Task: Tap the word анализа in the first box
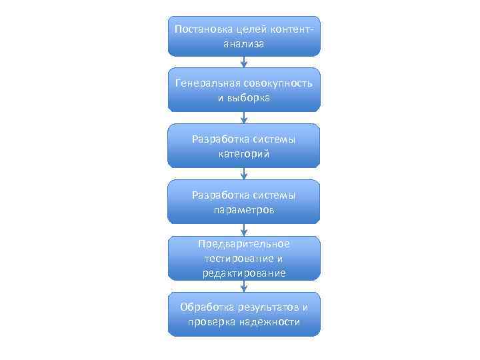(244, 44)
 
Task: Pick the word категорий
(244, 154)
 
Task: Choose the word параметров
(244, 209)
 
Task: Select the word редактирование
(244, 273)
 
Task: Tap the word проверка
(211, 322)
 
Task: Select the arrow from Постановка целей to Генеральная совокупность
(244, 62)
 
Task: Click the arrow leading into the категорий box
(244, 117)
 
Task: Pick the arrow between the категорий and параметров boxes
(244, 173)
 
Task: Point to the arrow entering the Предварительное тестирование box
(244, 230)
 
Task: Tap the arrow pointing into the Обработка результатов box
(244, 286)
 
